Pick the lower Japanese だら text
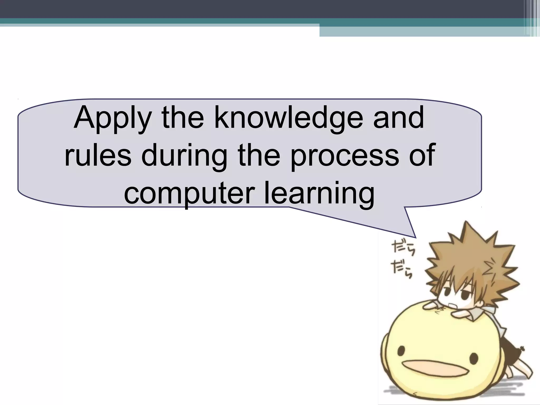pos(402,270)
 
